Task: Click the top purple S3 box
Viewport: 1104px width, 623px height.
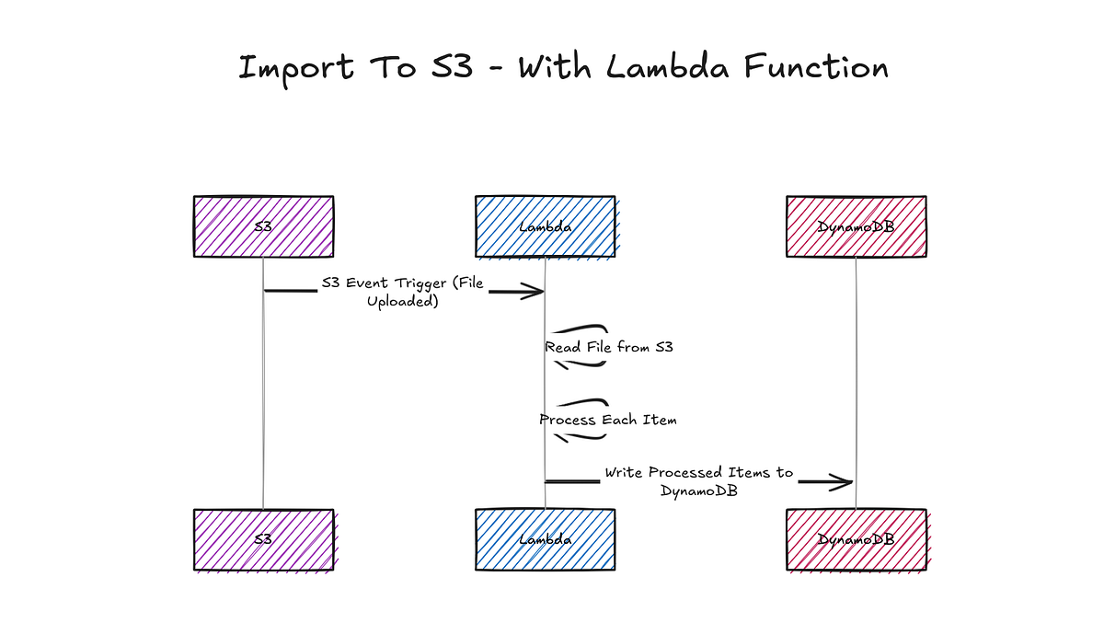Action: (263, 226)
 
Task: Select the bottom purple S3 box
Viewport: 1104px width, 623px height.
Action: (263, 540)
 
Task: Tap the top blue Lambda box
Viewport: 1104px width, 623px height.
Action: (545, 226)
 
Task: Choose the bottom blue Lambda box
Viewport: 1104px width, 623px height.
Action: (545, 540)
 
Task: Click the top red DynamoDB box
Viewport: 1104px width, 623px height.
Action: (856, 226)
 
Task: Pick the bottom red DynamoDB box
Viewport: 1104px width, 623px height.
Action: (856, 540)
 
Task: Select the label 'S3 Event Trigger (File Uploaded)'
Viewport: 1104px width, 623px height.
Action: (402, 292)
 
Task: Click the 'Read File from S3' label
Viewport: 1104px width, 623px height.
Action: (608, 348)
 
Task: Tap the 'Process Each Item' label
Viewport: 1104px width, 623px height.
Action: (608, 420)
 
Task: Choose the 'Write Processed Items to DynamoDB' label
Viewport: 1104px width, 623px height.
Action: (698, 481)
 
